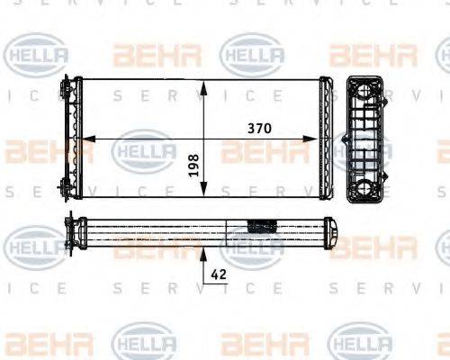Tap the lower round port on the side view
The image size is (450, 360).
click(367, 188)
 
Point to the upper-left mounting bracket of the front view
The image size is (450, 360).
click(67, 90)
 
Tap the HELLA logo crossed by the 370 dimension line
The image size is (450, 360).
click(144, 149)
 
